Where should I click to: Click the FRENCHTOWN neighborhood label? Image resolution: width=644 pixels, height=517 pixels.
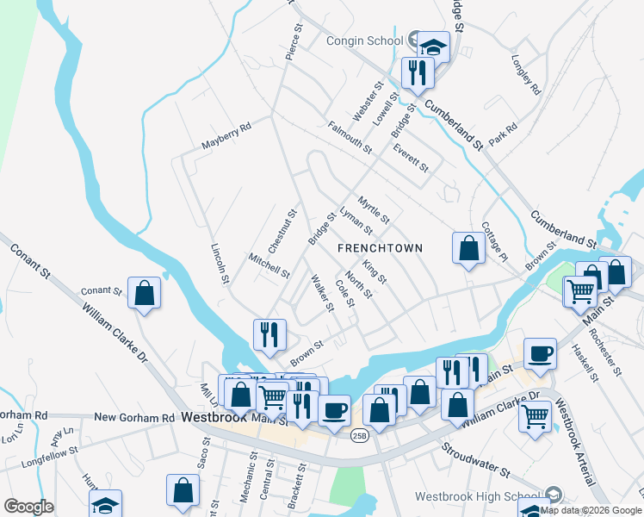point(380,248)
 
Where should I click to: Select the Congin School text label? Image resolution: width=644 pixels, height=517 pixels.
point(364,40)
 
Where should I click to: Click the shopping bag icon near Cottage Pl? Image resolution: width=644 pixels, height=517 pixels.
point(468,248)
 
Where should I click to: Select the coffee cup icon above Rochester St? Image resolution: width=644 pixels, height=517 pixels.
point(540,353)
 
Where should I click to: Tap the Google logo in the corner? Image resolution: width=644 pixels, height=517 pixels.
point(28,507)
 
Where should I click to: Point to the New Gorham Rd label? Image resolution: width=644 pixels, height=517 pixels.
point(133,417)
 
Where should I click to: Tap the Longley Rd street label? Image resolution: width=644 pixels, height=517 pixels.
point(525,76)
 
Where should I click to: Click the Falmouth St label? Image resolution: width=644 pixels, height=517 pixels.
point(350,138)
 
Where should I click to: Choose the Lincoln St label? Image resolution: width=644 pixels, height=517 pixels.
point(220,263)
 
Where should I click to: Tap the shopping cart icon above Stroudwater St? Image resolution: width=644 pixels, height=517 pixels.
point(536,417)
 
